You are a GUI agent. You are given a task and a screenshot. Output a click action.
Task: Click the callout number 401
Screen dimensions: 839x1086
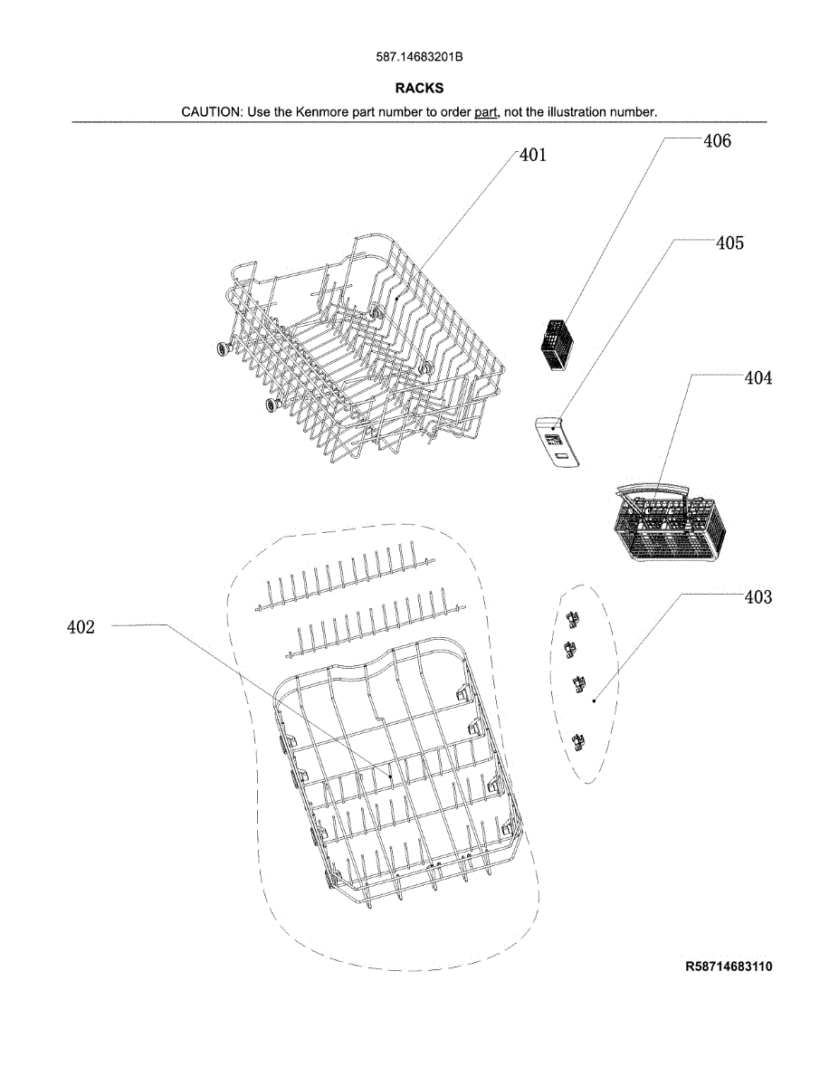click(x=533, y=155)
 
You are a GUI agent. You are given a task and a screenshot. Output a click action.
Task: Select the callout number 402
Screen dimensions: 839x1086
click(x=81, y=626)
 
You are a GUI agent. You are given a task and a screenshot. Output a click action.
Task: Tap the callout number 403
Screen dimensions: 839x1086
click(x=758, y=596)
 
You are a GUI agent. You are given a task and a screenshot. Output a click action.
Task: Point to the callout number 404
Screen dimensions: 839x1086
click(x=758, y=377)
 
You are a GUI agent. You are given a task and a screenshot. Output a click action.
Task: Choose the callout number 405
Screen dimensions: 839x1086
click(x=729, y=243)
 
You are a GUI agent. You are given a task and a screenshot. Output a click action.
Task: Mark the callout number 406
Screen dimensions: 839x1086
click(x=717, y=141)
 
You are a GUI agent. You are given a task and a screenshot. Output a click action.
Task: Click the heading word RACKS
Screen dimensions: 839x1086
click(x=419, y=88)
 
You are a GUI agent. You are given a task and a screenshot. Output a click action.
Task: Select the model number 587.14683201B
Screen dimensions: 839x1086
click(x=419, y=57)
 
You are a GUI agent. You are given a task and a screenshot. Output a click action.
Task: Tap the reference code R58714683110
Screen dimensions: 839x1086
click(x=729, y=966)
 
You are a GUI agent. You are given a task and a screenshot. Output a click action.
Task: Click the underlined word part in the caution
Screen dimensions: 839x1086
click(x=485, y=113)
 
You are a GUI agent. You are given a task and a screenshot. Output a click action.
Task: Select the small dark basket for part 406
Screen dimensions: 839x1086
click(x=557, y=345)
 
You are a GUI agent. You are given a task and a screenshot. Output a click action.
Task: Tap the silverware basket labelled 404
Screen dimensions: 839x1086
click(x=670, y=523)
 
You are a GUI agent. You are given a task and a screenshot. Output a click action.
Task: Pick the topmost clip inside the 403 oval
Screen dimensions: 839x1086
click(x=573, y=620)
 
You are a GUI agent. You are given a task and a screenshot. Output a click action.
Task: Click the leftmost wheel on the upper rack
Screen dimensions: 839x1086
click(x=224, y=348)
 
